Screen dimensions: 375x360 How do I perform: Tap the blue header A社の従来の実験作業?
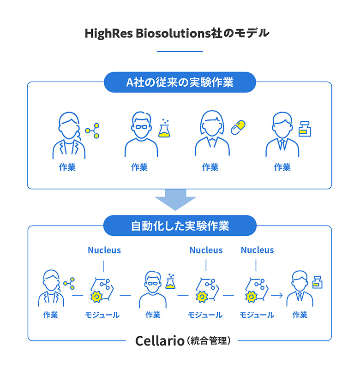point(180,83)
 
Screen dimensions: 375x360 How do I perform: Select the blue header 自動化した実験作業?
point(180,226)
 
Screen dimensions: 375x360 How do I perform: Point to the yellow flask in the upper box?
point(164,130)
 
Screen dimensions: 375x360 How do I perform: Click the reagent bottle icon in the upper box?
point(304,129)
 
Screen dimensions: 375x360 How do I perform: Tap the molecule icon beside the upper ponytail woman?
point(93,131)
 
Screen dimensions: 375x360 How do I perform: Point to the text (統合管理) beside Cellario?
point(208,342)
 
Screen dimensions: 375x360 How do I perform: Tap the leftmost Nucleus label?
point(104,250)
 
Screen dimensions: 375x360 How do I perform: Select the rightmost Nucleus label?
point(257,250)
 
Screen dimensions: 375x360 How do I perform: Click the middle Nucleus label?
point(206,250)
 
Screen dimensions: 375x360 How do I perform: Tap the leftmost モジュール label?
point(102,315)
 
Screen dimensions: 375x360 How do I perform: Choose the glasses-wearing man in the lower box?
point(152,290)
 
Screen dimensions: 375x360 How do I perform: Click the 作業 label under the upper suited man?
point(282,167)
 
